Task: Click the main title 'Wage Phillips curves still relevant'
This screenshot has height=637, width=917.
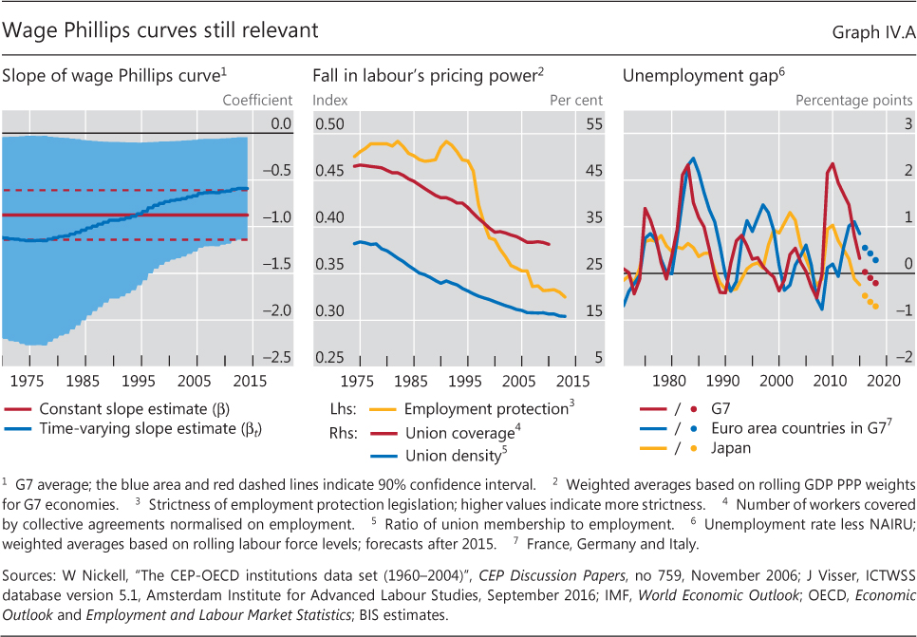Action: tap(161, 30)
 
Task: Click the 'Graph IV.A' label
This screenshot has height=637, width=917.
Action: tap(872, 32)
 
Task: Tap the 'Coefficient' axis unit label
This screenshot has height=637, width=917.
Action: tap(257, 100)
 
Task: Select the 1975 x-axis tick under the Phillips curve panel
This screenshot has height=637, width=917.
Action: tap(32, 381)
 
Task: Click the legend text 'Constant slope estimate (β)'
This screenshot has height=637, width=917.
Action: tap(127, 408)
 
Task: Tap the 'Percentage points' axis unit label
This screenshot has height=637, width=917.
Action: tap(853, 100)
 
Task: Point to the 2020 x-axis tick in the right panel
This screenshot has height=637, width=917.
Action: tap(884, 381)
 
